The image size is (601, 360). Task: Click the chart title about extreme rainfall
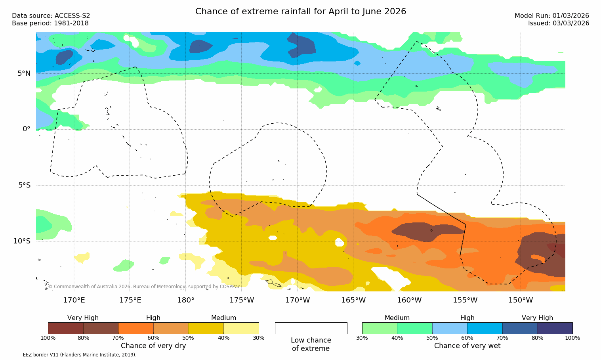301,11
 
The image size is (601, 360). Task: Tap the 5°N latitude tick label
24,73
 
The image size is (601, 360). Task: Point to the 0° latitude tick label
26,129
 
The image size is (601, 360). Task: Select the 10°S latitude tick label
22,241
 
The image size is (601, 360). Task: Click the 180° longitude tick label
185,300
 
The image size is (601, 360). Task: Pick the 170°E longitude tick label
74,300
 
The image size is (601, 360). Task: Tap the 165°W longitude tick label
353,300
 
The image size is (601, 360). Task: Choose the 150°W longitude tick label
521,300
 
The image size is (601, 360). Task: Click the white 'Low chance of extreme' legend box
311,328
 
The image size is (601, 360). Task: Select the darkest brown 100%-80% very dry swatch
66,328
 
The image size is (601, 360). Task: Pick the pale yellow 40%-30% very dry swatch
241,328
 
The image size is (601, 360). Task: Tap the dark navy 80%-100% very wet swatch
555,328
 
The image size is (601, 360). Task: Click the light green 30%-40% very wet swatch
380,328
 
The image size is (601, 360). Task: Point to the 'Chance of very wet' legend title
467,346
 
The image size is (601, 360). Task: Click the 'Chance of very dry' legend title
153,346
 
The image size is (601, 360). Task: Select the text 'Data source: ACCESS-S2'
51,16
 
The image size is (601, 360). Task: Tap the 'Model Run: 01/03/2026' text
551,16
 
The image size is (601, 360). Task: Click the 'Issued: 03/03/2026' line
558,23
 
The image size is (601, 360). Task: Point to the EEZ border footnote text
71,355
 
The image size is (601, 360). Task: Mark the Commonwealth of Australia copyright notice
144,287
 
